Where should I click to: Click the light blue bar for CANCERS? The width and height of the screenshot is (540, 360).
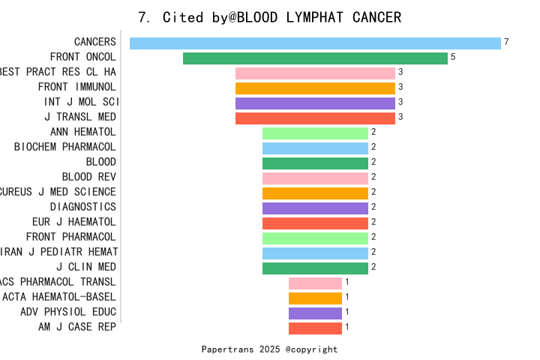(x=315, y=43)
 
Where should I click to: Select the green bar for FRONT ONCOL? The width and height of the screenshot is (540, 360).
(x=315, y=58)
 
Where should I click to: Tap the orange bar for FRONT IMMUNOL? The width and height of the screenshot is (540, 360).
(x=315, y=88)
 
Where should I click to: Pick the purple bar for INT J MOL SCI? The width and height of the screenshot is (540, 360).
(x=315, y=103)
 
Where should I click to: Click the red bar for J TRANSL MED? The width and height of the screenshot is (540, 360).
(x=315, y=118)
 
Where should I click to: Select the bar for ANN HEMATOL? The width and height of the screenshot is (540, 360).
(x=315, y=133)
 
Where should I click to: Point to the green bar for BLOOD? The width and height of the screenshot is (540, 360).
(x=315, y=163)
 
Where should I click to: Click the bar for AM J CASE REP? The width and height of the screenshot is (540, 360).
(x=315, y=328)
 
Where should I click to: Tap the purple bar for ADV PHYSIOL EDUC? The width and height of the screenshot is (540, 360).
(x=315, y=313)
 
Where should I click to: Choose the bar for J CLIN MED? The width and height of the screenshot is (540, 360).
(x=315, y=268)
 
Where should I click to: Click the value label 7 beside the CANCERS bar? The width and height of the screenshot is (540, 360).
(x=506, y=42)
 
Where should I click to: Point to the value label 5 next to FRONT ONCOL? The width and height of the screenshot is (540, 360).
(x=453, y=57)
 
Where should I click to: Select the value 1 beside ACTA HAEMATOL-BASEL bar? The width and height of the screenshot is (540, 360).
(x=347, y=297)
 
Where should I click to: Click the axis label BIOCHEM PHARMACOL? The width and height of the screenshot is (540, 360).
(x=65, y=147)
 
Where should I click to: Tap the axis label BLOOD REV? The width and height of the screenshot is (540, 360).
(x=89, y=177)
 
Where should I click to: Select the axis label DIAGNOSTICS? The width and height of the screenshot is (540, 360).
(x=83, y=207)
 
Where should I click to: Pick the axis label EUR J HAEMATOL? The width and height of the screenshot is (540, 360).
(x=74, y=222)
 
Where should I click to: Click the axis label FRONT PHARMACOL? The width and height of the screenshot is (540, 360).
(x=71, y=237)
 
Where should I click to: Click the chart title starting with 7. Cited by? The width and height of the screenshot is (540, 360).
(x=270, y=17)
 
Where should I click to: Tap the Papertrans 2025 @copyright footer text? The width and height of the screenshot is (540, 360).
(x=270, y=349)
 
